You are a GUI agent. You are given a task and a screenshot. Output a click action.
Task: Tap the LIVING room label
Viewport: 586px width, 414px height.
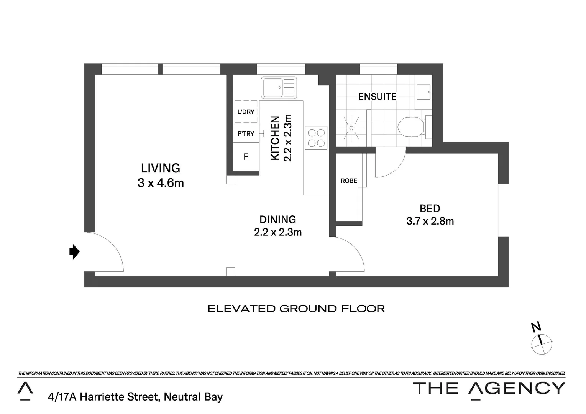[161, 168]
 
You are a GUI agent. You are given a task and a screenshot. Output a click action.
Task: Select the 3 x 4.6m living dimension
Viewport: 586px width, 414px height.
[161, 183]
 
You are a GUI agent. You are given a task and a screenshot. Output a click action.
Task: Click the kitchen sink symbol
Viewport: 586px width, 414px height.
[279, 88]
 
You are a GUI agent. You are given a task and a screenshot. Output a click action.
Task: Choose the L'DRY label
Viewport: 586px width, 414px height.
[246, 112]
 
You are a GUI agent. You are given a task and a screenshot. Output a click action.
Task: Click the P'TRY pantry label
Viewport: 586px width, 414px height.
[246, 134]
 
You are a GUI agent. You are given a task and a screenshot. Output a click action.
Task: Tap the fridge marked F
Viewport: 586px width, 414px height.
[246, 156]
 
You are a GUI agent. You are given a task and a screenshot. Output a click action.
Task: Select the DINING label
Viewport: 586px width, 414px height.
[278, 220]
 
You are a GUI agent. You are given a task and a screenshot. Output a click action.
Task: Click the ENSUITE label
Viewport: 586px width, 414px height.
[377, 97]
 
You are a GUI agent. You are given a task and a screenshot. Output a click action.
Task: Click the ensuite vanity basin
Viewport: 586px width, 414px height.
[423, 92]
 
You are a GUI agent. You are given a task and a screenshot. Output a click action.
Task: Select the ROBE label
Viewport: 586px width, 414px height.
[349, 181]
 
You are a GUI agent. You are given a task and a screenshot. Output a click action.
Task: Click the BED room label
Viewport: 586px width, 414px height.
[430, 209]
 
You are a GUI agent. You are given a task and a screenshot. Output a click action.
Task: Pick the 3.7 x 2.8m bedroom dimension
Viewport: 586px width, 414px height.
[430, 221]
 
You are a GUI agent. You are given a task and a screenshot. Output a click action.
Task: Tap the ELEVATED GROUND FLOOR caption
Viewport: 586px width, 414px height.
[296, 309]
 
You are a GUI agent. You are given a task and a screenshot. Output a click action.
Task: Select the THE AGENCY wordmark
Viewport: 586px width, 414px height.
[489, 388]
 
